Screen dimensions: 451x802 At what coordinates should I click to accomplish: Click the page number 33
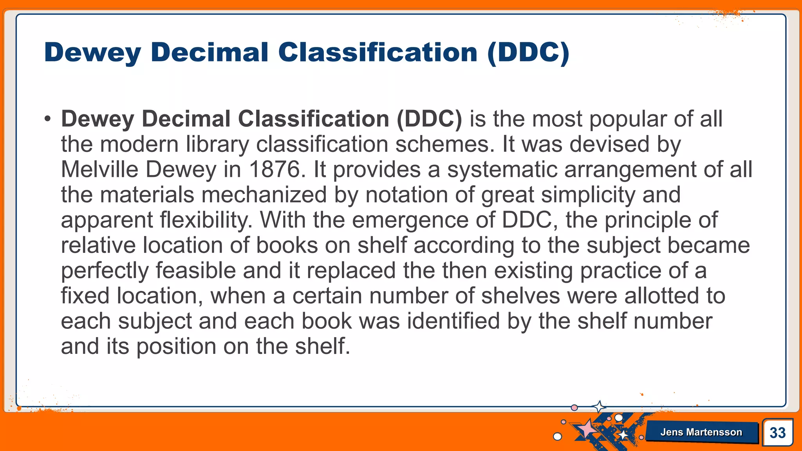(777, 433)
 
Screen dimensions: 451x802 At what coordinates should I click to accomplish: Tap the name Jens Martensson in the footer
(701, 432)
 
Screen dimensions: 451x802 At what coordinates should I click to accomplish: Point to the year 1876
(276, 170)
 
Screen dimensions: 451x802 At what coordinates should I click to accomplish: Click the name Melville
(99, 170)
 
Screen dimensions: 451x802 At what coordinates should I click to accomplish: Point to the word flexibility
(206, 220)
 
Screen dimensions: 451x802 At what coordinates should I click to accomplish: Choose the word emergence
(410, 220)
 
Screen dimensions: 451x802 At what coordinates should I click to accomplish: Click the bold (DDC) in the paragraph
(429, 119)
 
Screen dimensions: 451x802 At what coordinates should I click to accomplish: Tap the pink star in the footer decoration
(587, 429)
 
